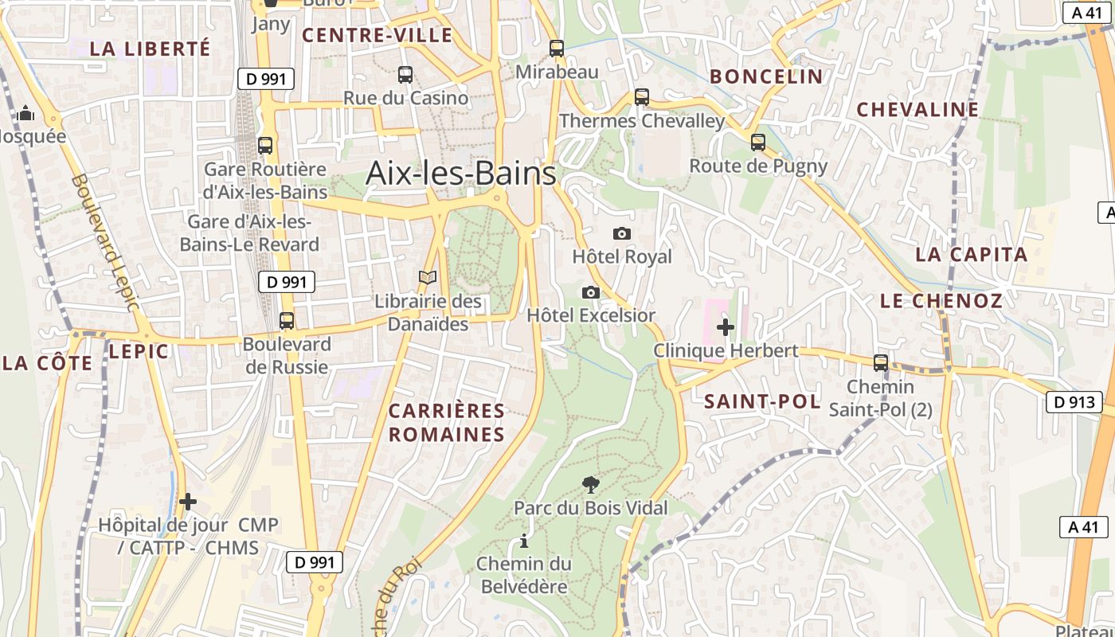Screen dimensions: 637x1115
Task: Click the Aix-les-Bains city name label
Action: [x=460, y=174]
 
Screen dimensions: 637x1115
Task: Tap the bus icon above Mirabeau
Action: [x=557, y=49]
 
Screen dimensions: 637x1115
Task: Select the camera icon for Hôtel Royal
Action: [x=622, y=233]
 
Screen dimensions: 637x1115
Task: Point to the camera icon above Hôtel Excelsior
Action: [x=591, y=292]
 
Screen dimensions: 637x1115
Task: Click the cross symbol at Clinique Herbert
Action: [x=726, y=326]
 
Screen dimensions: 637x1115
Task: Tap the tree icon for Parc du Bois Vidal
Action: [x=590, y=484]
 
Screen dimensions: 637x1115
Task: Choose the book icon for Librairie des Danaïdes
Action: [x=428, y=277]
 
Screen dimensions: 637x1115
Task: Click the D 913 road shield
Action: [x=1074, y=402]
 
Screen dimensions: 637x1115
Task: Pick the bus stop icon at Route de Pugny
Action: [x=758, y=143]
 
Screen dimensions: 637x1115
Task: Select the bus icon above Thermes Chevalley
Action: [x=642, y=97]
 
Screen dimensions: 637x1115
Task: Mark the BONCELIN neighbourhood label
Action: [x=765, y=76]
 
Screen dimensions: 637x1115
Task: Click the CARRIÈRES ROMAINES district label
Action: [x=447, y=423]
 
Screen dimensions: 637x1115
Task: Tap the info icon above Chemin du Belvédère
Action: [x=523, y=541]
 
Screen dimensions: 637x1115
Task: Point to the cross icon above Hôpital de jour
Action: [x=188, y=502]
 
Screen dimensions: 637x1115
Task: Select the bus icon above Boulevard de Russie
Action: [x=287, y=321]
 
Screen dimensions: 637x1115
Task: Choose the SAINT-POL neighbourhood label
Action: [x=762, y=402]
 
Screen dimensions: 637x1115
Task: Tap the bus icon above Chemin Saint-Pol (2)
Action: [x=881, y=363]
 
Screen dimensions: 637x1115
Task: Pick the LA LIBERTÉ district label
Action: [x=150, y=49]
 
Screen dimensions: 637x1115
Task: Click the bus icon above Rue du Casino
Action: [x=405, y=75]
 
